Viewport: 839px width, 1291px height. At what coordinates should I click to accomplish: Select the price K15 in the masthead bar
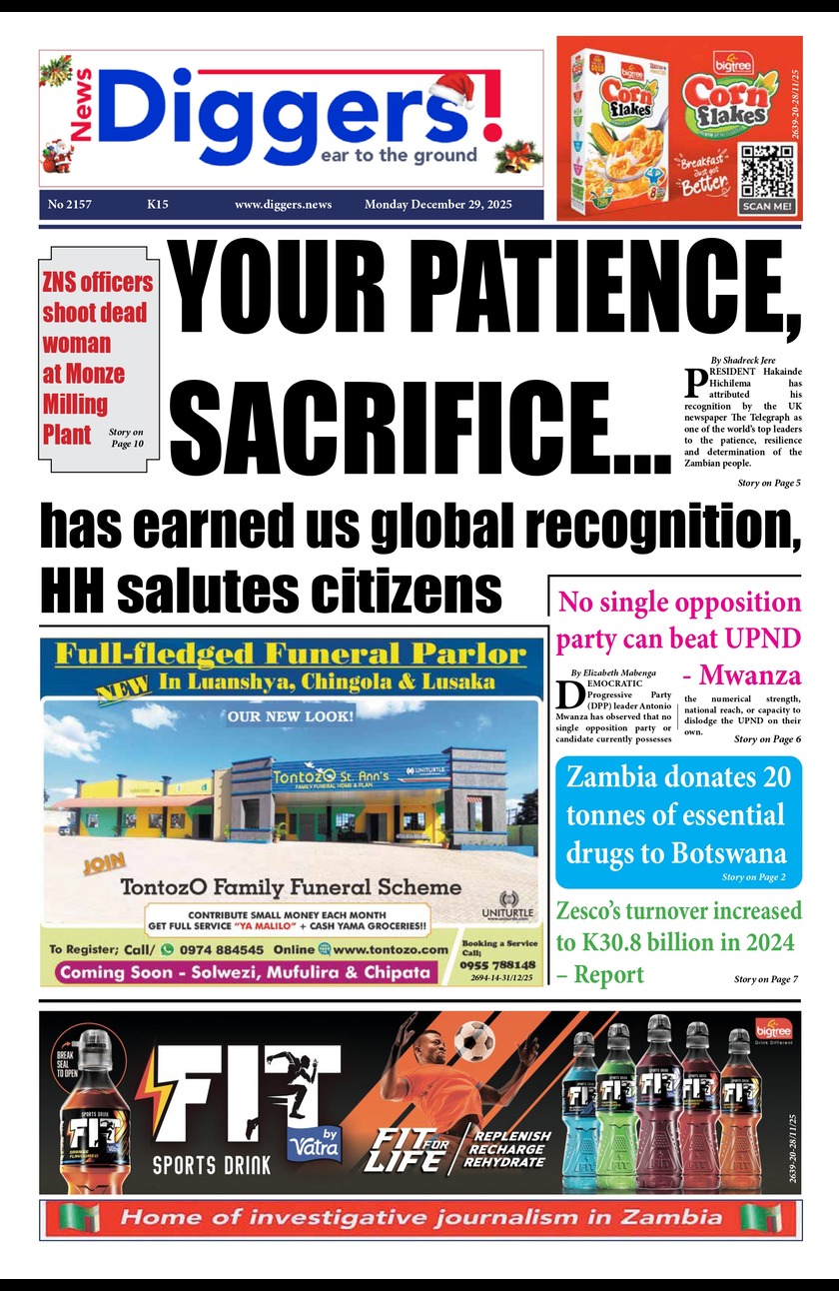(x=157, y=205)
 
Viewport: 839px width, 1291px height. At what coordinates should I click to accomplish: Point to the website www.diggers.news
(x=283, y=205)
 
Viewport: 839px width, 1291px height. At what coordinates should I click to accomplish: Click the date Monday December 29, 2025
(x=437, y=205)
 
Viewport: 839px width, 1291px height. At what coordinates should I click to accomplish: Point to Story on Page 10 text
(x=126, y=437)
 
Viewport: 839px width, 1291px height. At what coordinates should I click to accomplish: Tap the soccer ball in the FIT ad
(x=473, y=1042)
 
